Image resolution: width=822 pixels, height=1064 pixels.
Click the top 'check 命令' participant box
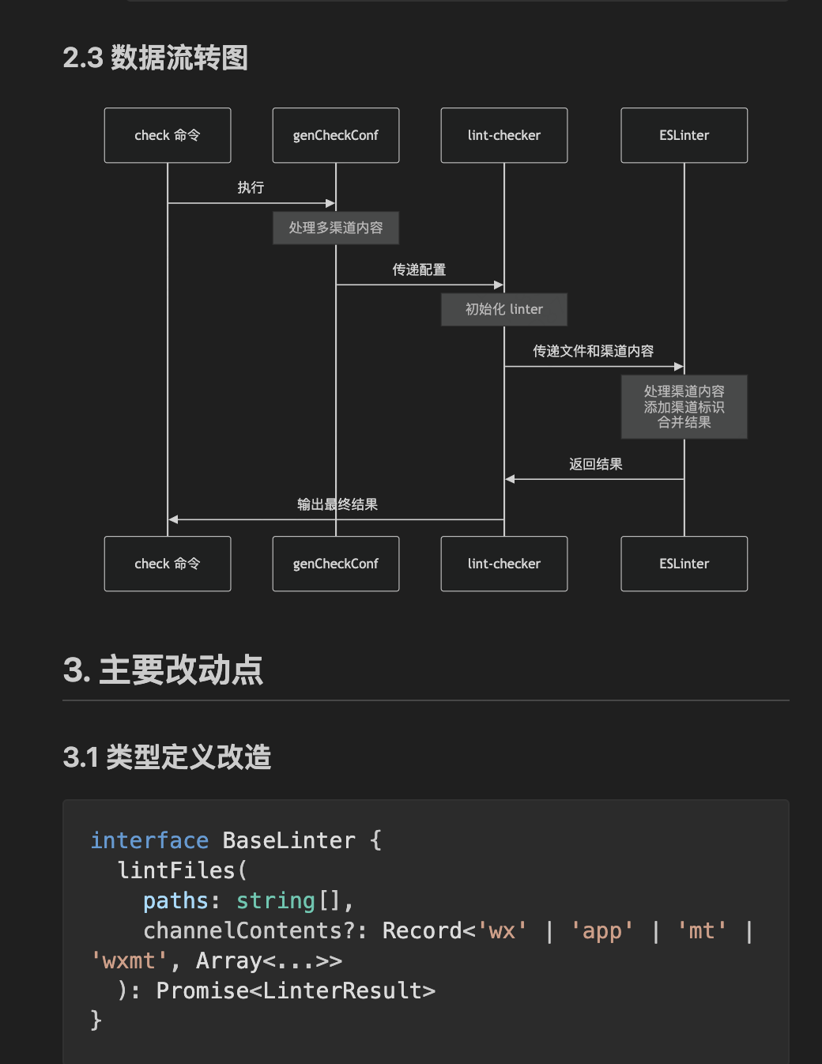point(168,135)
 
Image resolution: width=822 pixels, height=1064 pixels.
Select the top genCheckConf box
point(336,135)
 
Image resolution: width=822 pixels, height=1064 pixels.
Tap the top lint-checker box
point(504,135)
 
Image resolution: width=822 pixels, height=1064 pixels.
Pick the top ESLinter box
point(684,135)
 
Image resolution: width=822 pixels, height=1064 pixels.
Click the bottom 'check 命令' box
point(168,564)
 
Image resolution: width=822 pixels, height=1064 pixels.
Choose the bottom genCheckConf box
point(336,564)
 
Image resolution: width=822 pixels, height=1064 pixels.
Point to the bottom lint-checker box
point(504,564)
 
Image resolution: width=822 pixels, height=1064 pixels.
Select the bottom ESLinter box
point(684,564)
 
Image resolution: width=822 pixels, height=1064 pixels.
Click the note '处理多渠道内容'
point(336,228)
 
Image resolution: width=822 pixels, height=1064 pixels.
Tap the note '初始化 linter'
point(504,309)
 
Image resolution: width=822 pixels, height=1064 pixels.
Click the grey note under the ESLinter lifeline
point(684,406)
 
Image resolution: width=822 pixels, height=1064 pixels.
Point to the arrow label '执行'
point(251,187)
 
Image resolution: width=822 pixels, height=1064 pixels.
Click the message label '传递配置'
point(419,270)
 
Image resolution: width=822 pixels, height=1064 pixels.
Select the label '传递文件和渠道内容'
point(593,351)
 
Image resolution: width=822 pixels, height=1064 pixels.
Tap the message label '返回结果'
point(595,464)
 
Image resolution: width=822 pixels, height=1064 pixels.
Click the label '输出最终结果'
point(337,504)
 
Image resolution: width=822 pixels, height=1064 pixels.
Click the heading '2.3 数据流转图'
point(156,58)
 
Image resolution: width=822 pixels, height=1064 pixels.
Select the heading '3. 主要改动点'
point(163,670)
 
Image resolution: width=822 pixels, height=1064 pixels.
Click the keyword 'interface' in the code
point(149,840)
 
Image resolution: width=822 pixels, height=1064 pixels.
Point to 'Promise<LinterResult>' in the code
point(296,990)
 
